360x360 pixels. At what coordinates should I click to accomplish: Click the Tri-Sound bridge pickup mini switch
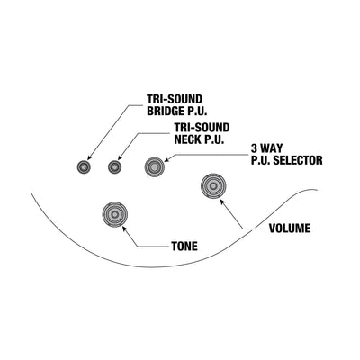click(x=84, y=166)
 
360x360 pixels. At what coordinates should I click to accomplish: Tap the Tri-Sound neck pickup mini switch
click(x=115, y=166)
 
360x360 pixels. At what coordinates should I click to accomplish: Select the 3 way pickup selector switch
click(x=155, y=166)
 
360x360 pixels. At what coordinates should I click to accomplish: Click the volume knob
click(x=213, y=186)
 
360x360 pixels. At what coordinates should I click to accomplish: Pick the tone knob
click(x=115, y=214)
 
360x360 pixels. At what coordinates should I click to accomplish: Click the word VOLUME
click(x=290, y=229)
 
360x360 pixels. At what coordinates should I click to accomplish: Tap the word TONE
click(x=184, y=247)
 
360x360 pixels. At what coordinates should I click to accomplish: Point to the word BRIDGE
click(x=165, y=112)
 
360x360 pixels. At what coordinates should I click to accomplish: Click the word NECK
click(x=187, y=139)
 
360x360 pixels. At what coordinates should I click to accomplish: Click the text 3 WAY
click(x=266, y=148)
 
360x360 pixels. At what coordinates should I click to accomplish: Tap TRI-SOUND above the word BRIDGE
click(x=175, y=99)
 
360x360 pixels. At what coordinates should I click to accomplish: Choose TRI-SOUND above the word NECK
click(x=202, y=128)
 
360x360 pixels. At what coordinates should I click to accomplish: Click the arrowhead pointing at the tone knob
click(x=124, y=229)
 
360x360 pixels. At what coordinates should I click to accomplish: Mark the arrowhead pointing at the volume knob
click(x=222, y=201)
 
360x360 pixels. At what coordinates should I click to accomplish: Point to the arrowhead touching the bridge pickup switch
click(x=89, y=157)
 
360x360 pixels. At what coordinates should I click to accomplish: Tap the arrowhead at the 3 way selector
click(x=166, y=159)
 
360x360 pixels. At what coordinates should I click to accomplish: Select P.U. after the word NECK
click(x=214, y=139)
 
